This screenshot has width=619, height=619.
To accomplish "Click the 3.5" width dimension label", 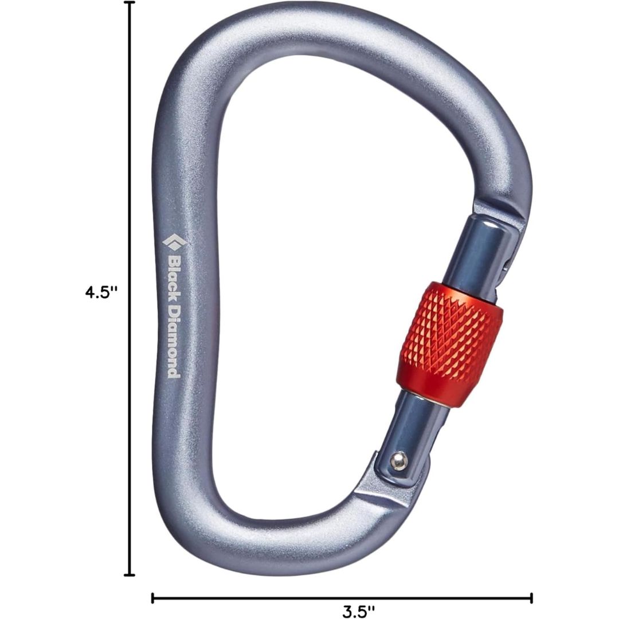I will coord(359,611).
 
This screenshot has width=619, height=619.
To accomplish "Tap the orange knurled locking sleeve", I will coord(449,346).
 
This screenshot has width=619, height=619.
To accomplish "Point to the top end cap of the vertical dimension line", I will coord(131,3).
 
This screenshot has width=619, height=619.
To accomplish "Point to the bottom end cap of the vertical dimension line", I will coord(131,574).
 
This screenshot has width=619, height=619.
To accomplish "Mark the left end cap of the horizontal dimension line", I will coord(153,598).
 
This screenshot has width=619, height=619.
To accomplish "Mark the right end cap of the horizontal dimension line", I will coord(531,598).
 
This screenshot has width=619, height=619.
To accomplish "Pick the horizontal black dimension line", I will coord(258,598).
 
